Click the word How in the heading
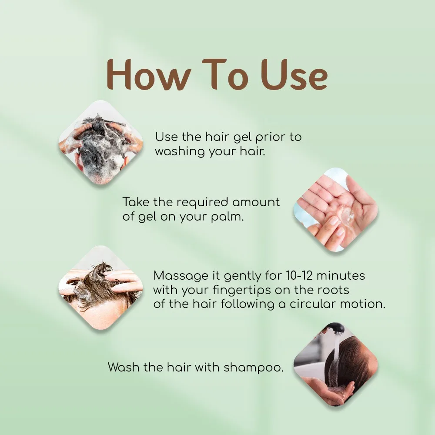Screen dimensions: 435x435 [x=149, y=74]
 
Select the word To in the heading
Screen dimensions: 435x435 [x=225, y=74]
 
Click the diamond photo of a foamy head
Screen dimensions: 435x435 [x=101, y=143]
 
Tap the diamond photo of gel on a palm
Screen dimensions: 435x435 [x=336, y=210]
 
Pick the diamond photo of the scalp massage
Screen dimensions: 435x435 [x=101, y=288]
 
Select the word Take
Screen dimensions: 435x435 [x=136, y=202]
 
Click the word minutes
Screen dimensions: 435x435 [x=341, y=276]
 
